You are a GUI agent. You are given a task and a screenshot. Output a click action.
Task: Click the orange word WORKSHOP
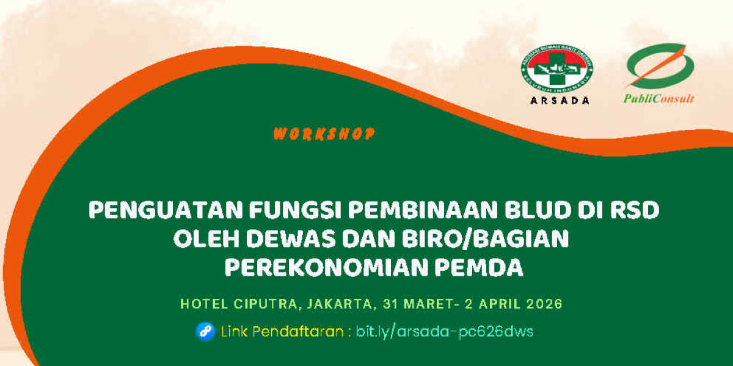pyautogui.click(x=323, y=134)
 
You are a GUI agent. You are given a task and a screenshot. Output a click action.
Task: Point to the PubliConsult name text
pyautogui.click(x=658, y=98)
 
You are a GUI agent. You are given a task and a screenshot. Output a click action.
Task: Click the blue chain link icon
pyautogui.click(x=205, y=331)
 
